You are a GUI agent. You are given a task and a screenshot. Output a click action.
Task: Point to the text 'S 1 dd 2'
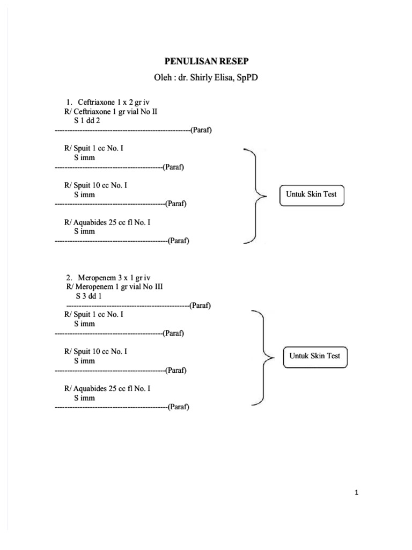pos(87,120)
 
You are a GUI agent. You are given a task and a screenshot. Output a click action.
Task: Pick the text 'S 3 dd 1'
pos(89,296)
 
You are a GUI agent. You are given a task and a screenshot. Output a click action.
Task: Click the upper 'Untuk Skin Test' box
pos(311,194)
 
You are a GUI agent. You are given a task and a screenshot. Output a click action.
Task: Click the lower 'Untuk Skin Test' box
pos(315,356)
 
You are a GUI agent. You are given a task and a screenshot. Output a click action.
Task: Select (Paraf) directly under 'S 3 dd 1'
pos(200,306)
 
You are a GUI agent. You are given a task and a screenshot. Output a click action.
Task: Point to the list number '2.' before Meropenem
pos(69,278)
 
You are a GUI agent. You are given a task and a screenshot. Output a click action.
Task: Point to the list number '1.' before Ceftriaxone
pos(69,102)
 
